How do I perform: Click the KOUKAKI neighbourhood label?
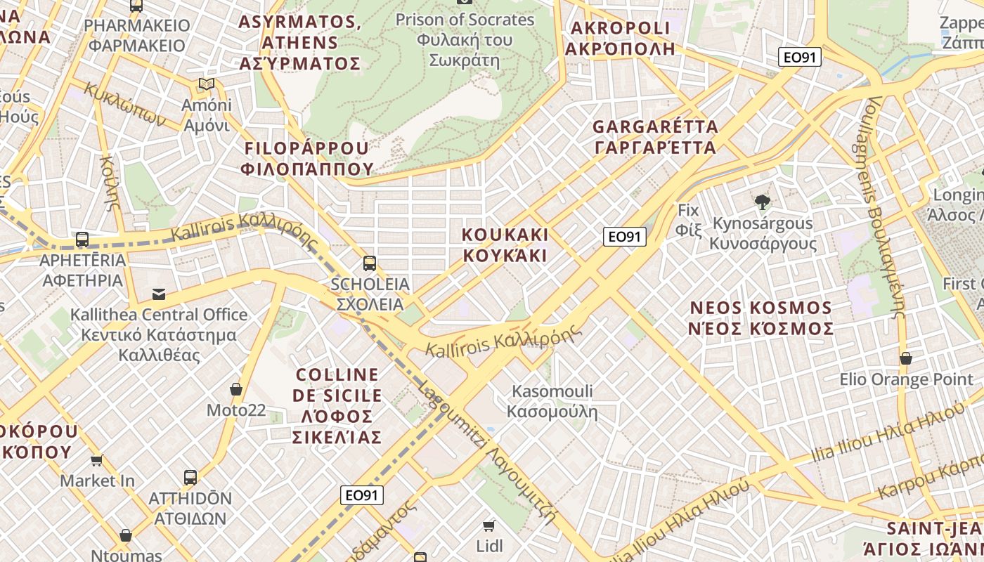tap(505, 244)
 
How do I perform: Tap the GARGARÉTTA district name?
tap(654, 137)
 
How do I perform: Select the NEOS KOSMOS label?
tap(761, 318)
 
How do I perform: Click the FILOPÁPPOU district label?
tap(306, 158)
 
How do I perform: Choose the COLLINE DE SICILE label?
tap(337, 406)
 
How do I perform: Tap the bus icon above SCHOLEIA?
tap(370, 263)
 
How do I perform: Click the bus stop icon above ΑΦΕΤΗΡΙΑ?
tap(82, 239)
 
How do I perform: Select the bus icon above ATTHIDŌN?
tap(190, 478)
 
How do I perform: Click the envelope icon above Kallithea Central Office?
tap(159, 294)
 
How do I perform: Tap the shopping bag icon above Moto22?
tap(236, 389)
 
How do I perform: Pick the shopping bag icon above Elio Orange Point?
tap(906, 358)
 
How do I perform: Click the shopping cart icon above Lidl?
tap(489, 525)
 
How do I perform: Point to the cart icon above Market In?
tap(97, 460)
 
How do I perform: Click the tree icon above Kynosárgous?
tap(763, 202)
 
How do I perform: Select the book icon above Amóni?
tap(206, 84)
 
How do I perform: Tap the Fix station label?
tap(689, 219)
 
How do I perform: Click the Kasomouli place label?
tap(552, 401)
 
